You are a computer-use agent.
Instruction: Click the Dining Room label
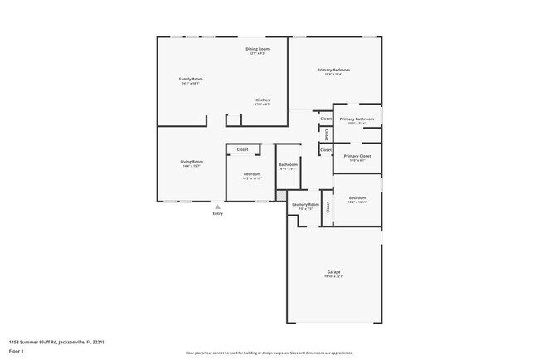(257, 49)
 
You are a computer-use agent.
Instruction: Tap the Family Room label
(191, 79)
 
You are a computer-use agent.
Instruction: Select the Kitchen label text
(262, 100)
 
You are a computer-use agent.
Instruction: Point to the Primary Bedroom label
(333, 70)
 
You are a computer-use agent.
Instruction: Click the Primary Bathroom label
(357, 119)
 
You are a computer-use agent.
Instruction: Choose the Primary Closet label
(357, 156)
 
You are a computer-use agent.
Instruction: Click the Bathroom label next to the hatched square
(288, 164)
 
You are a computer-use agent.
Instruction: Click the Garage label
(333, 272)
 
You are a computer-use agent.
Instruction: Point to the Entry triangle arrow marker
(217, 207)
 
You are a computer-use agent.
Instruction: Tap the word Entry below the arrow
(217, 214)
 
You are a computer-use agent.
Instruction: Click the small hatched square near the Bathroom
(281, 195)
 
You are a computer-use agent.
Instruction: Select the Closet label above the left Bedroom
(242, 149)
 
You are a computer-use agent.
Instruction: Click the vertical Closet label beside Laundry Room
(328, 207)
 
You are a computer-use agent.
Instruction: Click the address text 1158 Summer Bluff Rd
(56, 342)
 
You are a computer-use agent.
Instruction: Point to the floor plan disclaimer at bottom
(269, 353)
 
